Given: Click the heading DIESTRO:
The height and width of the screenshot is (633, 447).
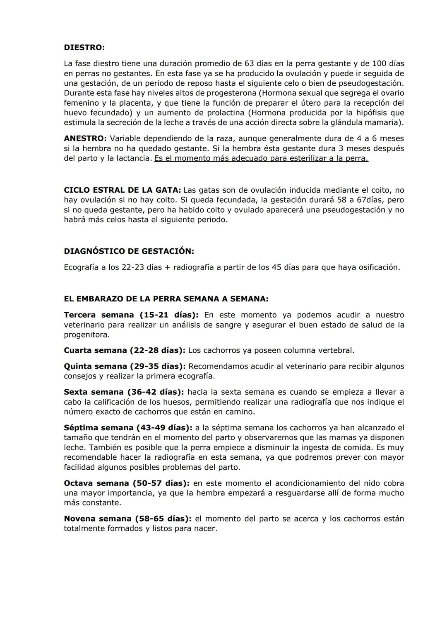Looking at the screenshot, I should point(84,48).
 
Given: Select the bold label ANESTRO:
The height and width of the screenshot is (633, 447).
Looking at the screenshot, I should point(85,138).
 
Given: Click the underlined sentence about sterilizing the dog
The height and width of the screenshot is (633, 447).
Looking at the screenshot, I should point(261,158).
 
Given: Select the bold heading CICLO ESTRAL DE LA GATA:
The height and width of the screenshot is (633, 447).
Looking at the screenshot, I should point(122,190).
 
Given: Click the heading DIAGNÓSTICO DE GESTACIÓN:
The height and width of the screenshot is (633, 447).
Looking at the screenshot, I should point(129,251).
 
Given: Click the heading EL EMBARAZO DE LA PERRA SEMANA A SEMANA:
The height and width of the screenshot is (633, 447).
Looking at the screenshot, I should point(166,299).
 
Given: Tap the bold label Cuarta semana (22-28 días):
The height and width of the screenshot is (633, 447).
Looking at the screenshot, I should point(125,350).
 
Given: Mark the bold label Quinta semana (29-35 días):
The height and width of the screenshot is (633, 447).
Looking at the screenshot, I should point(125,366).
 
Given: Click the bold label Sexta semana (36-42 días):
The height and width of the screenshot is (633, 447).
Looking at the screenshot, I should point(124,392).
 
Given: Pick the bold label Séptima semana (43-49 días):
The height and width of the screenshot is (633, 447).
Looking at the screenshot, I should point(128,428).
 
